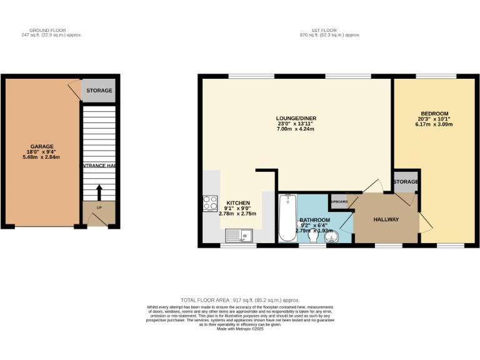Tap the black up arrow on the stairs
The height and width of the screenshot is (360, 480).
point(99,191)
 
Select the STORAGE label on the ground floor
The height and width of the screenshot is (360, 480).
point(99,91)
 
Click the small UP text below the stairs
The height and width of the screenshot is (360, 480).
point(99,207)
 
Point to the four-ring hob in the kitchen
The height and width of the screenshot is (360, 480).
point(210,204)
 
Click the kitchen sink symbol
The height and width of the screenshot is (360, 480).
point(238,236)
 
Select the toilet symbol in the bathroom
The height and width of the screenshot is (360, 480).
point(312,234)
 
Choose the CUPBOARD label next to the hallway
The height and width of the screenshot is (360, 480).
point(339,202)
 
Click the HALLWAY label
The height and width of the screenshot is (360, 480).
point(386,220)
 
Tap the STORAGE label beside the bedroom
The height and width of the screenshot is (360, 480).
point(406,182)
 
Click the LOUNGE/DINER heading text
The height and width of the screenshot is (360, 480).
point(296,118)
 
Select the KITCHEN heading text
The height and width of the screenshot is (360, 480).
point(237,203)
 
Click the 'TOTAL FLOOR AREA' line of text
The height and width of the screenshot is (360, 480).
point(240,300)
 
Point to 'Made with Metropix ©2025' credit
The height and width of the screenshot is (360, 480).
point(240,329)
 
